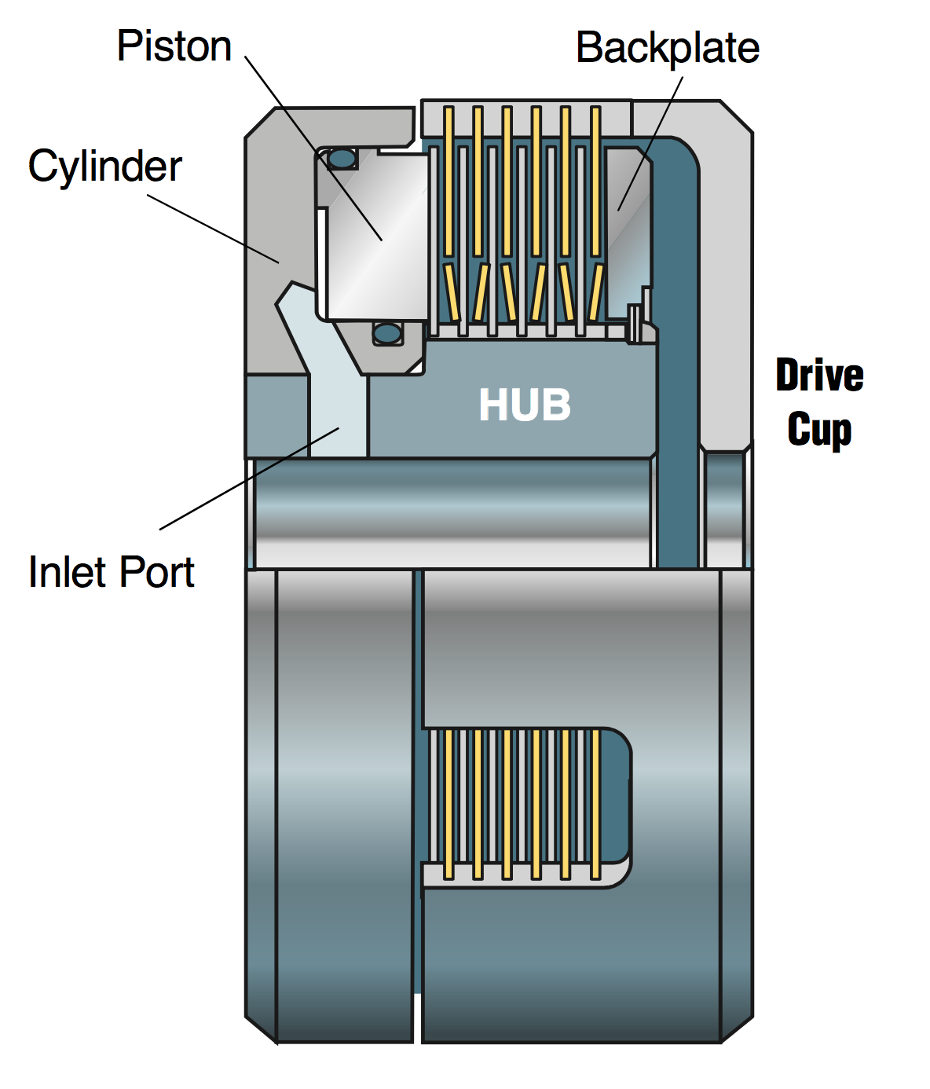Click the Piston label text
174,46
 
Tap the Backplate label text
667,49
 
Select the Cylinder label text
104,167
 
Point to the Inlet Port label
111,572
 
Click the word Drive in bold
819,376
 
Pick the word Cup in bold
819,430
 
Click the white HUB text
525,405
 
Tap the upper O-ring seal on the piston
342,159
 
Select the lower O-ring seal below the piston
386,333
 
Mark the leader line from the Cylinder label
212,229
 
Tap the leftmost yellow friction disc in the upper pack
449,181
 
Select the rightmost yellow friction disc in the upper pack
595,181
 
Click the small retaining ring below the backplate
633,323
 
